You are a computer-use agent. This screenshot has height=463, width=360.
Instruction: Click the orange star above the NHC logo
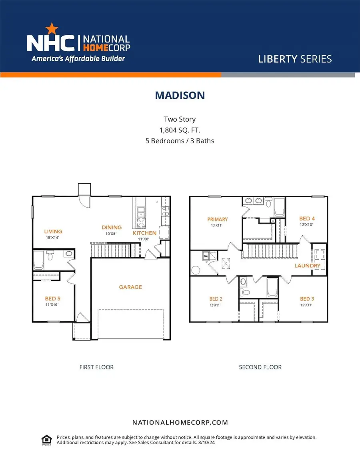[x=52, y=29]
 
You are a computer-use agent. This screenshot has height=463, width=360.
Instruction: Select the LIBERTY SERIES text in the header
[x=295, y=59]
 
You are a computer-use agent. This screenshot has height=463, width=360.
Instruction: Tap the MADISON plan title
[x=180, y=95]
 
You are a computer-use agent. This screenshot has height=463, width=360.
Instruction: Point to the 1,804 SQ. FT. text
[x=180, y=130]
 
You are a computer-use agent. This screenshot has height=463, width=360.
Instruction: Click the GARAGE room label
[x=130, y=287]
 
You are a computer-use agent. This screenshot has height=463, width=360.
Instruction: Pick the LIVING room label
[x=53, y=231]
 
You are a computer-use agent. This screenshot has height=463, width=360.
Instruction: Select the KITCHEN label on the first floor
[x=144, y=233]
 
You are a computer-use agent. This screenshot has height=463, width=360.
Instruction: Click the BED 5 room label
[x=52, y=299]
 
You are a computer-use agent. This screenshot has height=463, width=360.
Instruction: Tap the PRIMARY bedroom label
[x=218, y=219]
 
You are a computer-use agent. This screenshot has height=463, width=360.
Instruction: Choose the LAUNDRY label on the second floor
[x=308, y=266]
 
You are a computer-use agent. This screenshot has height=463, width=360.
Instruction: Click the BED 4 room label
[x=307, y=218]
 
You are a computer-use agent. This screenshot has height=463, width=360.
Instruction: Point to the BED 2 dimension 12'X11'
[x=215, y=305]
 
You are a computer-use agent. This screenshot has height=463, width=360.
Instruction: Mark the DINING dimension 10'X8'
[x=111, y=234]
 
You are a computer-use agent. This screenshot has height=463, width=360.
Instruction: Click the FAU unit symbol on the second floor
[x=206, y=256]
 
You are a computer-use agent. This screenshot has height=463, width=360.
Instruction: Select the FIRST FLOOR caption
[x=96, y=367]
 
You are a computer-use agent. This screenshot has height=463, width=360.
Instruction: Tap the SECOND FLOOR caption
[x=260, y=367]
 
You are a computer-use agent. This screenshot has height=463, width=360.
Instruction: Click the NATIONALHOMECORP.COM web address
[x=180, y=423]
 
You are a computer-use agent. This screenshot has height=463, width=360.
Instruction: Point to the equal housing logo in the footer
[x=47, y=440]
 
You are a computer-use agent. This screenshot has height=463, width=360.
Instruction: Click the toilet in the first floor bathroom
[x=50, y=255]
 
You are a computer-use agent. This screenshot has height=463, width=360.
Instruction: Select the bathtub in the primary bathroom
[x=279, y=207]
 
